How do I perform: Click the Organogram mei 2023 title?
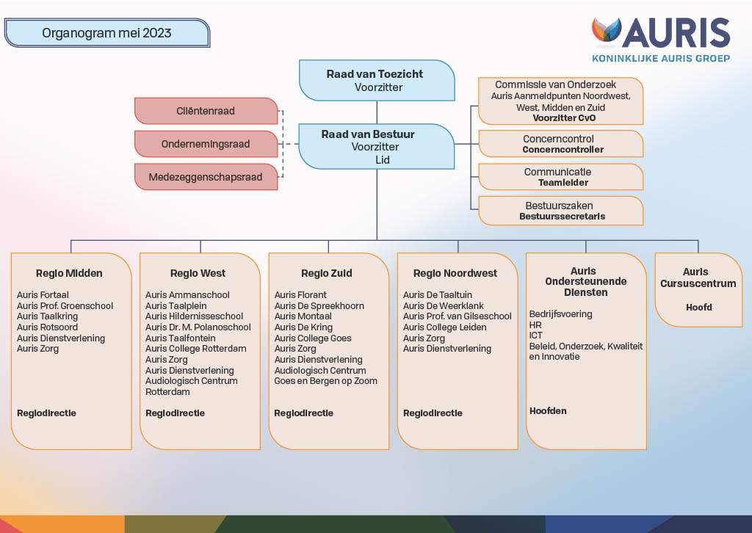click(x=106, y=33)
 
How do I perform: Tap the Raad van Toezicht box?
click(x=377, y=81)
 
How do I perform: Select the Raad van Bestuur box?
click(x=377, y=147)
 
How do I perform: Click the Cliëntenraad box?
click(x=206, y=111)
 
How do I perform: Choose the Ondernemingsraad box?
click(x=206, y=144)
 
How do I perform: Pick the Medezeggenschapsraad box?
click(x=206, y=177)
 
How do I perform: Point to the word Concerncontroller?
click(x=563, y=150)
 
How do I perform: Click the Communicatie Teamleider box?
click(x=560, y=177)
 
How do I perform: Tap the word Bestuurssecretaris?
click(x=562, y=216)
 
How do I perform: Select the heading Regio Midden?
click(x=69, y=273)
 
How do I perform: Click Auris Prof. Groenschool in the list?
click(x=65, y=306)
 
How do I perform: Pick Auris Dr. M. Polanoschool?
click(x=198, y=327)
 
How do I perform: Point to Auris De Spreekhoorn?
click(x=319, y=306)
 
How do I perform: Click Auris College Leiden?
click(x=444, y=327)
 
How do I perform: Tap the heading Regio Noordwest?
click(x=455, y=273)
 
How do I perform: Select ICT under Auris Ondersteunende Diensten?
click(x=535, y=336)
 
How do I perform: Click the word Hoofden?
click(x=548, y=411)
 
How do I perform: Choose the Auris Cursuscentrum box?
click(x=698, y=290)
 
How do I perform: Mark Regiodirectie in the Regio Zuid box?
click(x=303, y=413)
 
